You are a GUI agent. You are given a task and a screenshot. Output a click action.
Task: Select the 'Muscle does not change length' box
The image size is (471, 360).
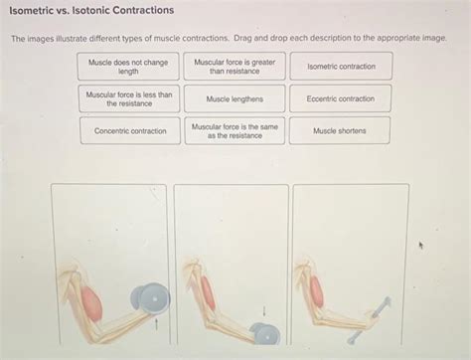(128, 67)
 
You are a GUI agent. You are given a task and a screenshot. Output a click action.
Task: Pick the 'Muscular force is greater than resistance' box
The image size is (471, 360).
(235, 67)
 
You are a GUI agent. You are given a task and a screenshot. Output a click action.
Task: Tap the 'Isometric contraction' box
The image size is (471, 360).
(341, 67)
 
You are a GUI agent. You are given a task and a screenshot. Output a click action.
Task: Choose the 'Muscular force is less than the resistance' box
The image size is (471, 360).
(128, 98)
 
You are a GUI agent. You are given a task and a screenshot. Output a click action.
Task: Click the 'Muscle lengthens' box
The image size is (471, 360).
(235, 98)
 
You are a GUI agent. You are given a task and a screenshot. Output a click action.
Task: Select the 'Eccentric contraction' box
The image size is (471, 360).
(341, 98)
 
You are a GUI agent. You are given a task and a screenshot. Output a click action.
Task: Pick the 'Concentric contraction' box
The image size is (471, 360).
(130, 130)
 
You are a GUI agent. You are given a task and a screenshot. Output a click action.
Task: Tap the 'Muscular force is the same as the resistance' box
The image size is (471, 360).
(235, 130)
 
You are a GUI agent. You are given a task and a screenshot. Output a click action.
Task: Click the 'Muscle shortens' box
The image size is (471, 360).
(339, 130)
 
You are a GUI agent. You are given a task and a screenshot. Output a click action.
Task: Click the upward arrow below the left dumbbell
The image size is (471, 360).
(156, 321)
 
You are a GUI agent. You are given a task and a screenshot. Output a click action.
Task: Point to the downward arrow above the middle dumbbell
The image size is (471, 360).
(264, 310)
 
